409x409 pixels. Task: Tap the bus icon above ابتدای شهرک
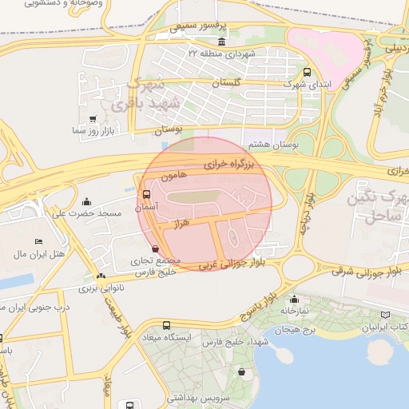coord(308,72)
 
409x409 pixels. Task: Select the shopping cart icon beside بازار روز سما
coord(93,119)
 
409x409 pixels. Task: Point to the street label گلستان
coord(227,83)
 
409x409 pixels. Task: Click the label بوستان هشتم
coord(273,145)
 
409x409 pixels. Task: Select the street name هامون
coord(173,174)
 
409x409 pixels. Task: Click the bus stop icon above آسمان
coord(145,194)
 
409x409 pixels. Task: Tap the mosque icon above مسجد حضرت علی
coord(86,202)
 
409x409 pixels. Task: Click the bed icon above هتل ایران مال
coord(38,242)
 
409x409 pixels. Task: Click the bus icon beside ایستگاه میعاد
coord(166,325)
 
